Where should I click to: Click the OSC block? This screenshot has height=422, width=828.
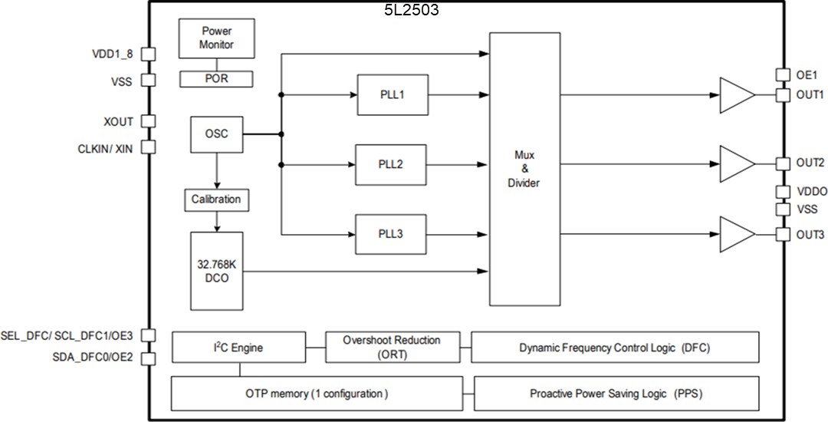[216, 134]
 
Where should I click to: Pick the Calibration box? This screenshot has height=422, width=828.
[216, 199]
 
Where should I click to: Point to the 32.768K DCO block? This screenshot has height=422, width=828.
[216, 271]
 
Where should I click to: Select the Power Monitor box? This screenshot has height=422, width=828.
[217, 38]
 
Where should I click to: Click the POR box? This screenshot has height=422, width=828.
[217, 78]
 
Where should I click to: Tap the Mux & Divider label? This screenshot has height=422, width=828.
[525, 169]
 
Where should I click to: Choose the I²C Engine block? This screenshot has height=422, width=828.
[238, 348]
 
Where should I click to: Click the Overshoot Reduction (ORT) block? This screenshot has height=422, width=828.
[391, 348]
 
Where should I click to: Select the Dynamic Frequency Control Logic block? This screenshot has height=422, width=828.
[615, 348]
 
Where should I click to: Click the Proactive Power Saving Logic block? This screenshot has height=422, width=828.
[616, 394]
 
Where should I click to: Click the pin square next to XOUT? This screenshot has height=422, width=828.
[149, 121]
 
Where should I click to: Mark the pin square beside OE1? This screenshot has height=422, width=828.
[782, 74]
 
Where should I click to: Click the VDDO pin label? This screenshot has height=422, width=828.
[810, 192]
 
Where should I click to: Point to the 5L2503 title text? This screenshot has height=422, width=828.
[412, 10]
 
